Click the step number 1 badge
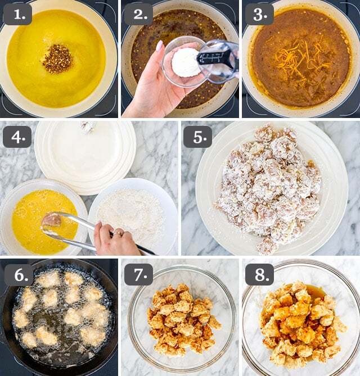18,14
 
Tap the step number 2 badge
139,14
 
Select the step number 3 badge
259,14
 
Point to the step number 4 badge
17,137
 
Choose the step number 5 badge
198,137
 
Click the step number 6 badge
19,275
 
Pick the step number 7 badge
139,275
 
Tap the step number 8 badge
260,275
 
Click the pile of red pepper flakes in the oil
57,59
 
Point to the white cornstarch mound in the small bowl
186,62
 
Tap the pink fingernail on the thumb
159,46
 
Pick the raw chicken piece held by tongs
51,219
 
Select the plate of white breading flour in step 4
133,216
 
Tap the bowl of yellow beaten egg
43,217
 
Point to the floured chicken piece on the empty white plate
87,126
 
